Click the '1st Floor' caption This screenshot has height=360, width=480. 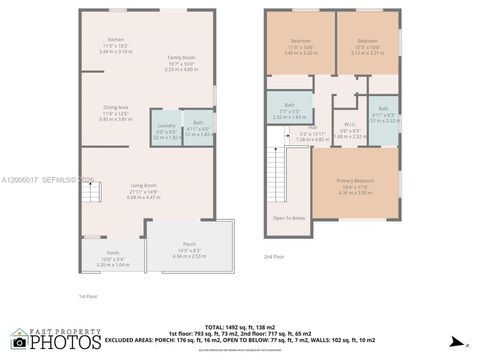point(88,297)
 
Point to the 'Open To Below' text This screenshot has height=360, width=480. point(289,218)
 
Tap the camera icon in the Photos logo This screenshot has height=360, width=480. point(19,342)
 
